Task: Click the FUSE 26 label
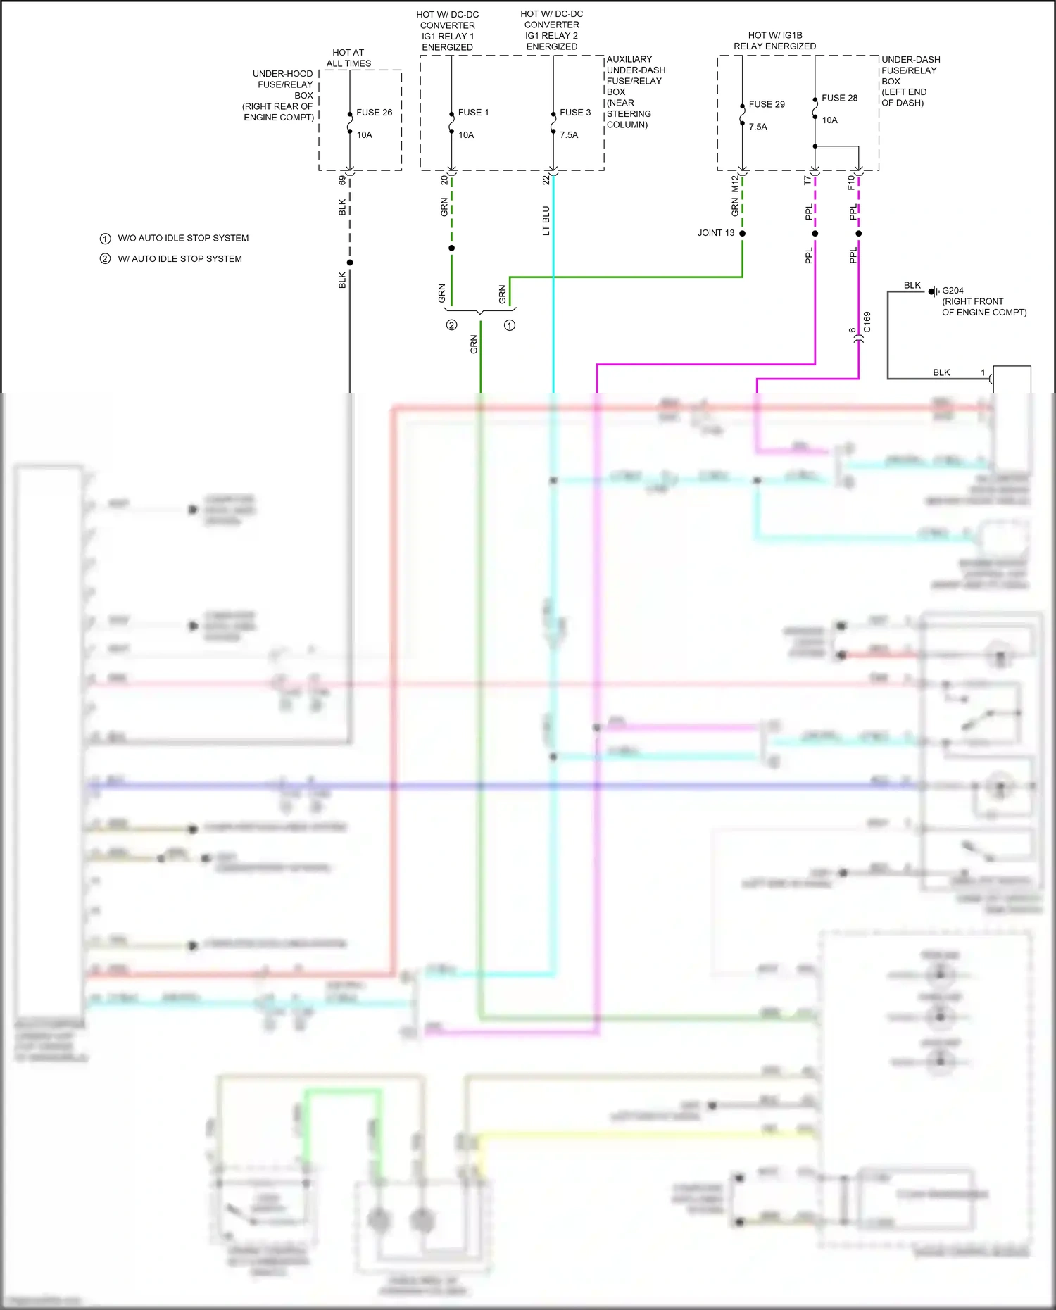[374, 113]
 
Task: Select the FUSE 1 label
[473, 113]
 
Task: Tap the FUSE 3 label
[575, 113]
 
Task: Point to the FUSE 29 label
[767, 104]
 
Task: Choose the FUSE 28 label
[839, 98]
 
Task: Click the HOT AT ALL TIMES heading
[348, 58]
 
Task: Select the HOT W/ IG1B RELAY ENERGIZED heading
[774, 41]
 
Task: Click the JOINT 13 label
[715, 233]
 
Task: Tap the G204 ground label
[953, 290]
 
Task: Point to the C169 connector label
[867, 322]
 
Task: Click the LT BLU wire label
[546, 220]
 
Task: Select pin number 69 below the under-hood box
[342, 180]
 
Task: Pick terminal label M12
[735, 183]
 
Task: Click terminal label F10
[850, 182]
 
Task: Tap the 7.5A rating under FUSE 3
[569, 135]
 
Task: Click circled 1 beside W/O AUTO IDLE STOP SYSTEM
[105, 239]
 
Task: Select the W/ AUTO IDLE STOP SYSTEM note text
[180, 259]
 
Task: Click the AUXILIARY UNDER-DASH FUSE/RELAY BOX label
[635, 92]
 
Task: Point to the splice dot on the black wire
[350, 263]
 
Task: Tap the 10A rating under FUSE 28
[829, 120]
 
